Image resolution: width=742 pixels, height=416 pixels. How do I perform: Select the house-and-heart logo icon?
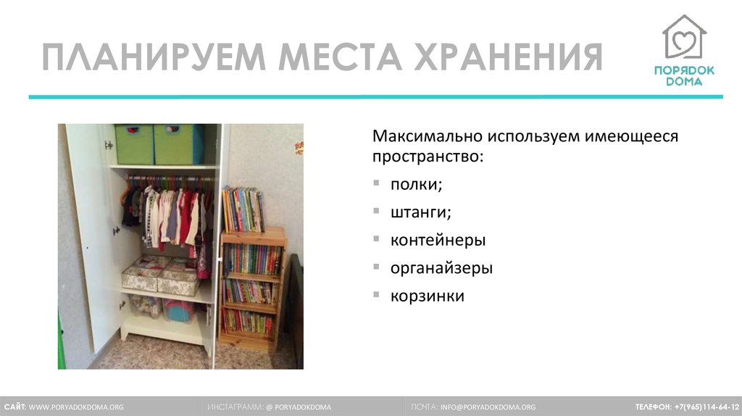(x=683, y=38)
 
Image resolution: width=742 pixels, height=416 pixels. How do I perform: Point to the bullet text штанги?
(x=420, y=212)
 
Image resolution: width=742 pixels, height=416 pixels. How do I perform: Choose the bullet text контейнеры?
(x=438, y=240)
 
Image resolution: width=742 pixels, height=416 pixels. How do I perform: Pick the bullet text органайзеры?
(x=441, y=268)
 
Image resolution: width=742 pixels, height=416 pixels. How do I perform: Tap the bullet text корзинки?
(x=427, y=296)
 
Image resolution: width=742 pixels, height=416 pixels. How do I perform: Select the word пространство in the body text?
(x=424, y=156)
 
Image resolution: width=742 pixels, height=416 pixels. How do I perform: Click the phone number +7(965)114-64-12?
(x=706, y=407)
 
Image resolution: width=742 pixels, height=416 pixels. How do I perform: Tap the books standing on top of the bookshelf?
(x=243, y=209)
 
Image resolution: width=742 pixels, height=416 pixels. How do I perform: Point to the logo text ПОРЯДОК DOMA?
(x=683, y=75)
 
